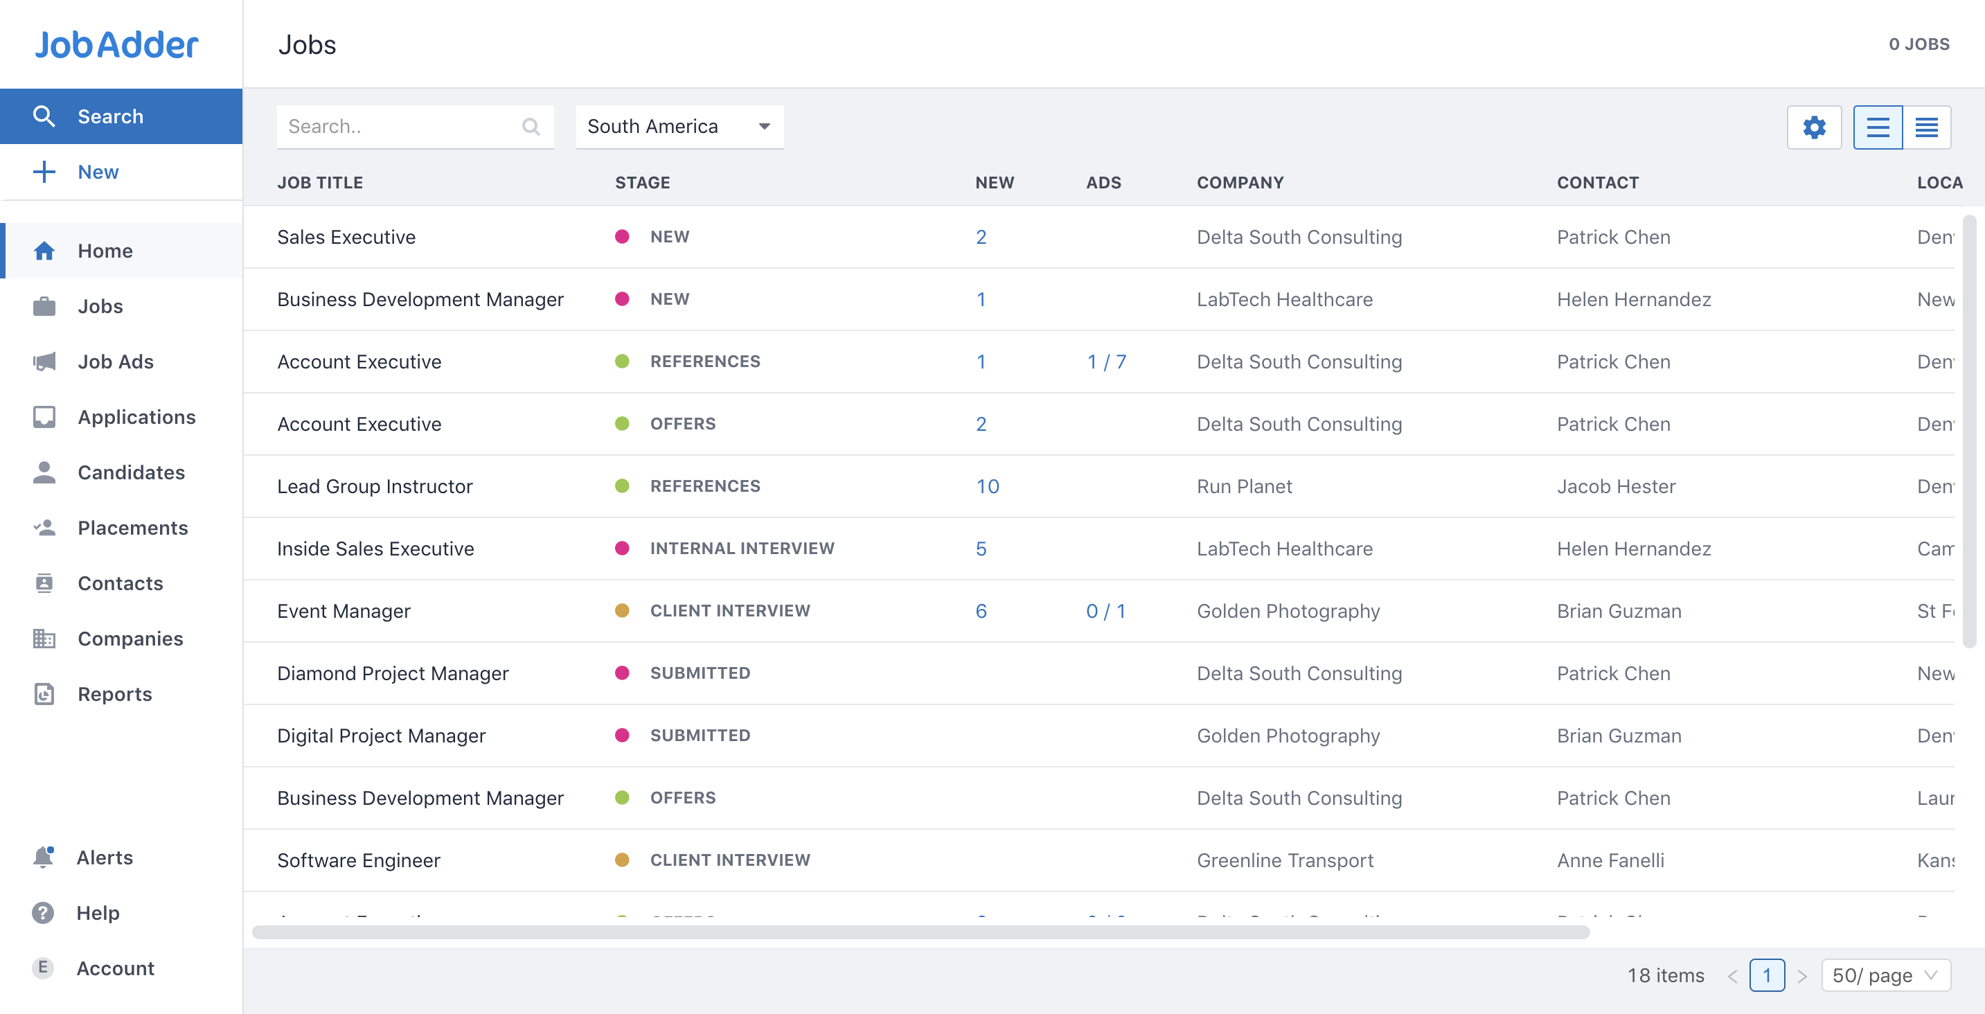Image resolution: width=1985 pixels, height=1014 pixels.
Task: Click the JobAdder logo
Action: pyautogui.click(x=116, y=45)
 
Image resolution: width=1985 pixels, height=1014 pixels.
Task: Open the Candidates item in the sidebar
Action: pyautogui.click(x=131, y=472)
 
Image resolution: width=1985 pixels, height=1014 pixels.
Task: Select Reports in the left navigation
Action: pyautogui.click(x=115, y=694)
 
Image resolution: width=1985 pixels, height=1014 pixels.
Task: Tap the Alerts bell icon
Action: pyautogui.click(x=43, y=857)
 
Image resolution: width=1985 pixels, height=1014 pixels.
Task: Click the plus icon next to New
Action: pyautogui.click(x=44, y=172)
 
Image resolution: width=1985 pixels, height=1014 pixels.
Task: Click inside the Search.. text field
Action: pyautogui.click(x=401, y=126)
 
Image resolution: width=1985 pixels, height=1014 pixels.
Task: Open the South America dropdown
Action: pyautogui.click(x=679, y=126)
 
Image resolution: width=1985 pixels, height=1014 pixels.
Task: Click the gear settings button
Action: pyautogui.click(x=1813, y=127)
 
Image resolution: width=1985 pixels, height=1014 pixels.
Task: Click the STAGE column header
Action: pyautogui.click(x=642, y=183)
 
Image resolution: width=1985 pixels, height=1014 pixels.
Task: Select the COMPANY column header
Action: pyautogui.click(x=1240, y=183)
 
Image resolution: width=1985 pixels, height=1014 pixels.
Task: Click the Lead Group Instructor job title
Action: pyautogui.click(x=375, y=486)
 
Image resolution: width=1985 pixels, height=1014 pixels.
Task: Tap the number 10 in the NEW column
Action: pyautogui.click(x=987, y=486)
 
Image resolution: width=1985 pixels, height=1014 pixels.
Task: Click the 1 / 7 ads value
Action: pyautogui.click(x=1106, y=362)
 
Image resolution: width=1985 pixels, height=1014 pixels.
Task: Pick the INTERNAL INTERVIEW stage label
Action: pyautogui.click(x=741, y=549)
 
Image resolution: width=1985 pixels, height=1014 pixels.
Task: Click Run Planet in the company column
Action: pyautogui.click(x=1244, y=486)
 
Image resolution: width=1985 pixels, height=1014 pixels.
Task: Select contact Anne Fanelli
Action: pyautogui.click(x=1610, y=860)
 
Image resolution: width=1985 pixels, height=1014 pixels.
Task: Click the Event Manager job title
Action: pyautogui.click(x=344, y=611)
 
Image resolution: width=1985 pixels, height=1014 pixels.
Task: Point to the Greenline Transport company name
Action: pyautogui.click(x=1285, y=860)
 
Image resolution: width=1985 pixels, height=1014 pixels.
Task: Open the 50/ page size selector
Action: pyautogui.click(x=1885, y=975)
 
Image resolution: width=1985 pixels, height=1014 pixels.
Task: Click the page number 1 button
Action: pyautogui.click(x=1766, y=975)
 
